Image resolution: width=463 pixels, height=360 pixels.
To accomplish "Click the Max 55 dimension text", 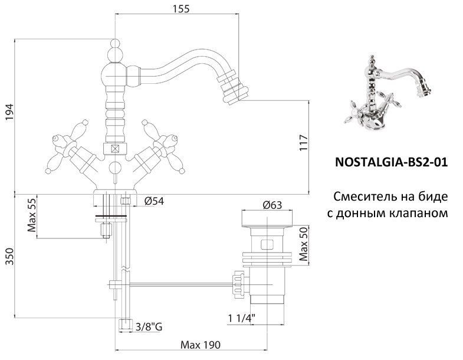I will click(x=33, y=216).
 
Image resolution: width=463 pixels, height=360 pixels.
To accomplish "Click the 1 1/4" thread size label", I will click(x=242, y=319).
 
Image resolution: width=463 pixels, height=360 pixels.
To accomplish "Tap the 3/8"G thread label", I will click(x=150, y=325).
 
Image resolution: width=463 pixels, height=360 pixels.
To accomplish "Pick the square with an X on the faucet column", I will click(x=114, y=149).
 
